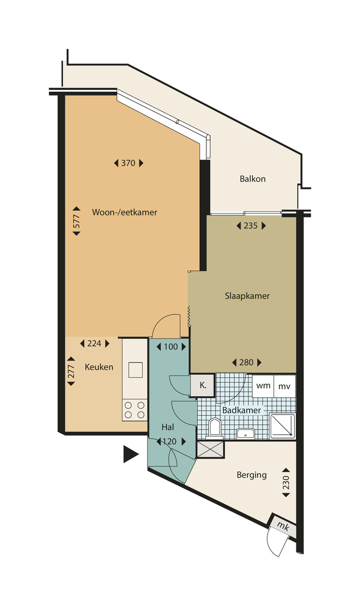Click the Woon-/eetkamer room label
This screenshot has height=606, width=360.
pyautogui.click(x=124, y=212)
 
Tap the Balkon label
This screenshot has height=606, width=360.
pyautogui.click(x=252, y=179)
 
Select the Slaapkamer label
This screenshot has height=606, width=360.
pyautogui.click(x=247, y=296)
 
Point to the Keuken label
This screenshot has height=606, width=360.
pyautogui.click(x=98, y=367)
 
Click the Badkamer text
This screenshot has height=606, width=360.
pyautogui.click(x=241, y=410)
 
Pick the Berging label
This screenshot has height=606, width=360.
pyautogui.click(x=251, y=475)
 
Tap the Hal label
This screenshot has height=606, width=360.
pyautogui.click(x=167, y=427)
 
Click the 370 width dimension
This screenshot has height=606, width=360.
pyautogui.click(x=128, y=163)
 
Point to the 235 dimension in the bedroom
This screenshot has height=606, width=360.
pyautogui.click(x=251, y=226)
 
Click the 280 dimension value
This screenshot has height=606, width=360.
pyautogui.click(x=247, y=362)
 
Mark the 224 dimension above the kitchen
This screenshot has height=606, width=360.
pyautogui.click(x=94, y=344)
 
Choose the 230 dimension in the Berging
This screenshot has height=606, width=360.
pyautogui.click(x=286, y=482)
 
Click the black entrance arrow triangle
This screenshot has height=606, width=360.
pyautogui.click(x=130, y=454)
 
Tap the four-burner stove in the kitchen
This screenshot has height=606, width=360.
pyautogui.click(x=134, y=410)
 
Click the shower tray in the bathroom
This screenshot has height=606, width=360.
pyautogui.click(x=282, y=425)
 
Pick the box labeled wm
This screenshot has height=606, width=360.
pyautogui.click(x=263, y=386)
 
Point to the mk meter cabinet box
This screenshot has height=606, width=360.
pyautogui.click(x=282, y=526)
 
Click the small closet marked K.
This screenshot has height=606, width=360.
pyautogui.click(x=202, y=385)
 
